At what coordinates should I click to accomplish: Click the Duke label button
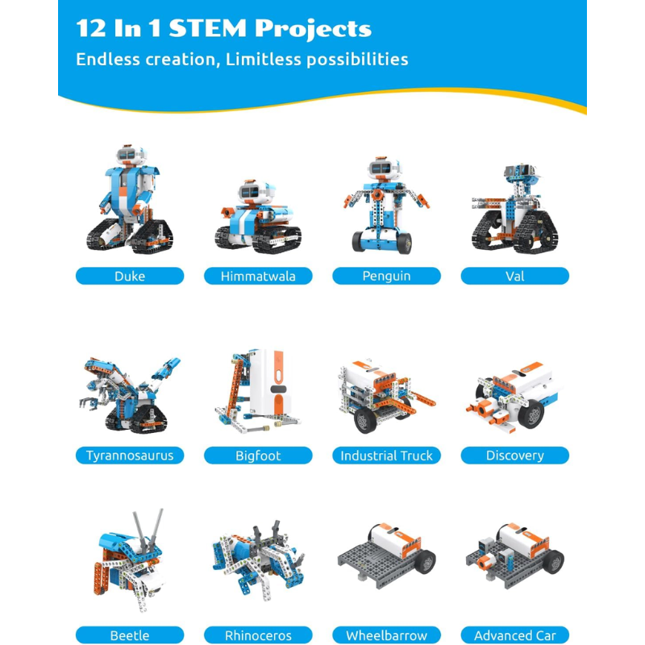coord(130,276)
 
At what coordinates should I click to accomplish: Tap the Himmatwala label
coord(258,276)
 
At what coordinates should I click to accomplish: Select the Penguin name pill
coord(386,276)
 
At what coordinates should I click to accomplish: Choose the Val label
coord(514,276)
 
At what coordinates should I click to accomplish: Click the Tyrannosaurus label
coord(130,456)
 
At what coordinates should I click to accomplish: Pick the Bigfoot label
coord(258,456)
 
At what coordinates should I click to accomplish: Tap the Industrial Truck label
coord(386,456)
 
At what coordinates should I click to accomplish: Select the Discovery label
coord(514,456)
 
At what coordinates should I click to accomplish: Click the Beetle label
coord(130,635)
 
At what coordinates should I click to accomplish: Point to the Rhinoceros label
coord(258,635)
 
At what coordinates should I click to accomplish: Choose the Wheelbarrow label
coord(386,635)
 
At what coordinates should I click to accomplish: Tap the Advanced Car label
coord(514,635)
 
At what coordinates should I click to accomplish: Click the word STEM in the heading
coord(207,28)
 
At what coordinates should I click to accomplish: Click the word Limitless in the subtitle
coord(264,59)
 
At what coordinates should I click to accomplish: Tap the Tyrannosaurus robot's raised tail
coord(166,368)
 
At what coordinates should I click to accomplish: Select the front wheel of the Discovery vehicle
coord(531,414)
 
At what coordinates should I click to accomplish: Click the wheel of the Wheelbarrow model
coord(425,561)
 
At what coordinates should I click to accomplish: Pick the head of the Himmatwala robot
coord(256,191)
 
